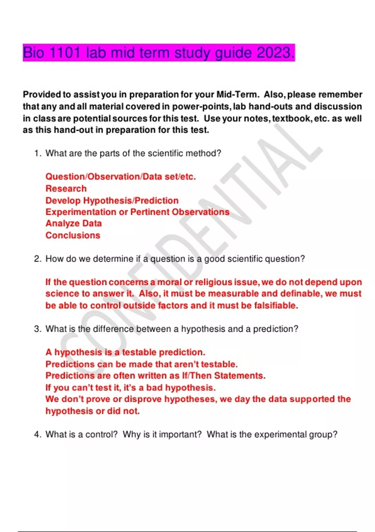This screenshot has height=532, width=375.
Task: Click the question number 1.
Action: [37, 153]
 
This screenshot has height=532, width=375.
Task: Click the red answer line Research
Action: [66, 189]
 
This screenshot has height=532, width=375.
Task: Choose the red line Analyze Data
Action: [74, 223]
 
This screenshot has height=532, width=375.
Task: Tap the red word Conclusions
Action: [73, 235]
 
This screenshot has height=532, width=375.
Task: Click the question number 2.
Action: [37, 259]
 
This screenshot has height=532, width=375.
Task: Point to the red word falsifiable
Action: [276, 305]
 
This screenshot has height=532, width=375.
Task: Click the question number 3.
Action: [37, 329]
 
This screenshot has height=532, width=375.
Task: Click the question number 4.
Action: [37, 434]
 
